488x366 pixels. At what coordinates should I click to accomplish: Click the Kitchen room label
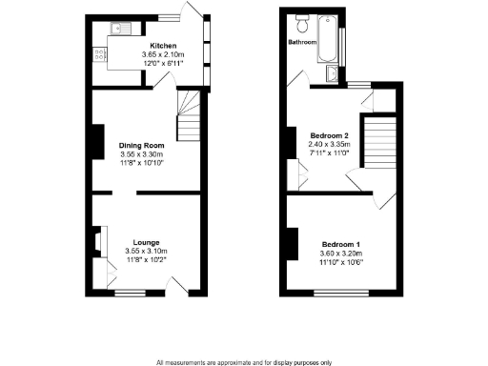pos(161,45)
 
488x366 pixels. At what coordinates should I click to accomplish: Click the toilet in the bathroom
pos(302,20)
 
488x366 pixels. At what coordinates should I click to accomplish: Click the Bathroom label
pos(303,43)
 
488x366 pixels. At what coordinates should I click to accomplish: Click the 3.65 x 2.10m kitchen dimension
pos(161,54)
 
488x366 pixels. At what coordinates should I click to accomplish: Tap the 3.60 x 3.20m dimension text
pos(342,255)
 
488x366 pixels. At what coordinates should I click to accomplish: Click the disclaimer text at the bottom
pos(244,361)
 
